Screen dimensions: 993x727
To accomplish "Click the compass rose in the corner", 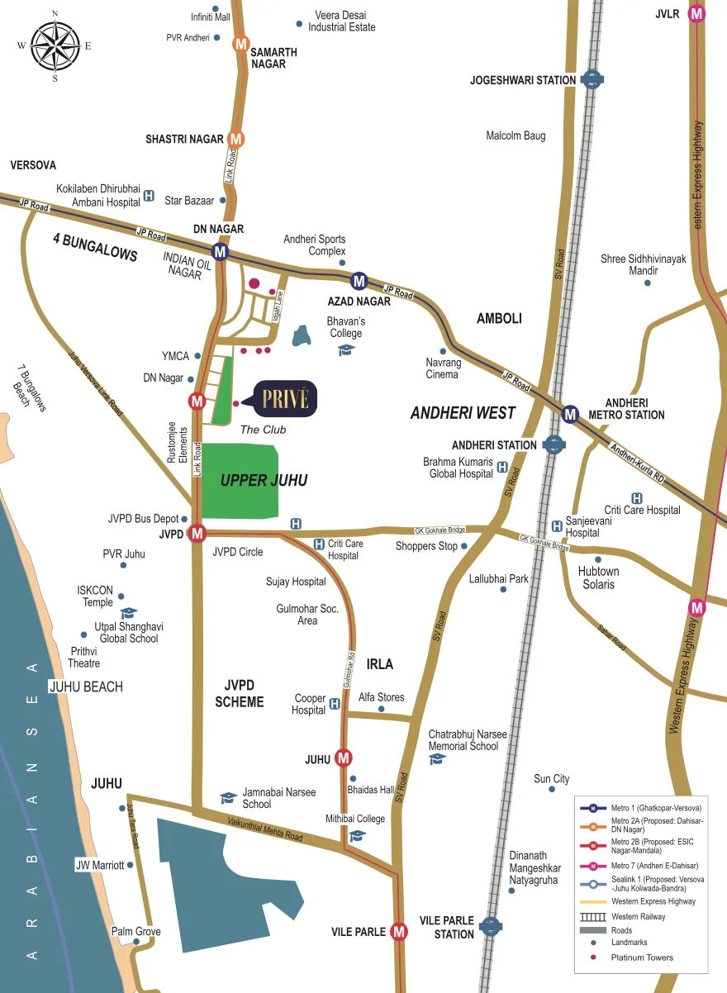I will click(x=55, y=45).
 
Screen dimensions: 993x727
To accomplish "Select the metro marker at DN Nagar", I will click(x=220, y=251).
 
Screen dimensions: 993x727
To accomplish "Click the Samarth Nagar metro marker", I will click(x=241, y=45).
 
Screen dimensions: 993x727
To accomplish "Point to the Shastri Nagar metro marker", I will click(x=236, y=140).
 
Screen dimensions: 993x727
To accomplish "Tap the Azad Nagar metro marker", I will click(x=359, y=280).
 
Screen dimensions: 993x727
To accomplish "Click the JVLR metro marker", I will click(x=698, y=13).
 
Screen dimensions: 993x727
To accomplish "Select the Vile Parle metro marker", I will click(x=399, y=931).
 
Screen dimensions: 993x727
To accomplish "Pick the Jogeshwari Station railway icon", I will click(x=592, y=79).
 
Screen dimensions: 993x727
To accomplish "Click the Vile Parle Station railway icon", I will click(x=491, y=926).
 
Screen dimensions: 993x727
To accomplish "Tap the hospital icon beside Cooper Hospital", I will click(x=335, y=704).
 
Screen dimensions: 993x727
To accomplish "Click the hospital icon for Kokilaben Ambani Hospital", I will click(x=149, y=196).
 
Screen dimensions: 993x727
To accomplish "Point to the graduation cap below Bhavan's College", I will click(x=346, y=350).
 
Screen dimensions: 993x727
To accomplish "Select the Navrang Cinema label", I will click(x=442, y=368).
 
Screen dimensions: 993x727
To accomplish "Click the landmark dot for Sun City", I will click(x=552, y=789).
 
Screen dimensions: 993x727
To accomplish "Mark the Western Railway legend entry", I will click(x=638, y=916).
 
